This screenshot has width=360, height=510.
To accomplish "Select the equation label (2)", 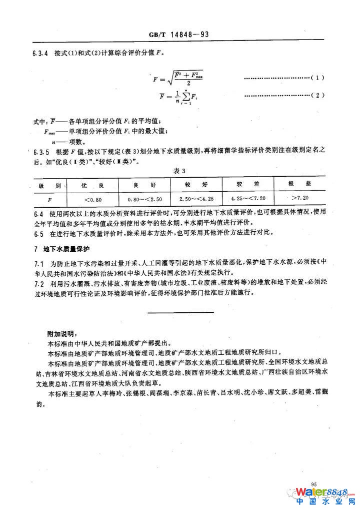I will point(317,95).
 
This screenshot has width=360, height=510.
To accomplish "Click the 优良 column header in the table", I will point(94,185).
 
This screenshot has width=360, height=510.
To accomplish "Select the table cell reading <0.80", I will point(93,199).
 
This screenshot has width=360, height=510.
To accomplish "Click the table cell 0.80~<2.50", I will point(144,199).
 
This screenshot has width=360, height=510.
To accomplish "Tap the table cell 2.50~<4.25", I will point(196,199).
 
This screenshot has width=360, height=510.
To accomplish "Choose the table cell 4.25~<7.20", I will point(245,199).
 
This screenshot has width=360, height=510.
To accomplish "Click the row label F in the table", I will point(48,199).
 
